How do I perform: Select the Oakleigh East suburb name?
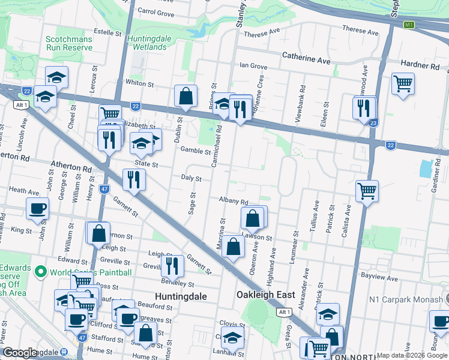[x=265, y=295]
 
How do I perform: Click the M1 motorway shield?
[x=409, y=25]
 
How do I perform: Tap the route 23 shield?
[x=373, y=123]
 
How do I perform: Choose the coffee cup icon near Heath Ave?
[x=38, y=208]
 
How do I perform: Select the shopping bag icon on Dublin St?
[x=185, y=95]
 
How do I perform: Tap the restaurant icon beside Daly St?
[x=134, y=179]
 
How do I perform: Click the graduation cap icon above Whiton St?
[x=56, y=77]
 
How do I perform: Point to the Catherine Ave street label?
[x=306, y=61]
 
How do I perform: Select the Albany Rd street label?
[x=234, y=202]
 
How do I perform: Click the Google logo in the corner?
[x=20, y=353]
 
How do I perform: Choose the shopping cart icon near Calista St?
[x=367, y=191]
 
